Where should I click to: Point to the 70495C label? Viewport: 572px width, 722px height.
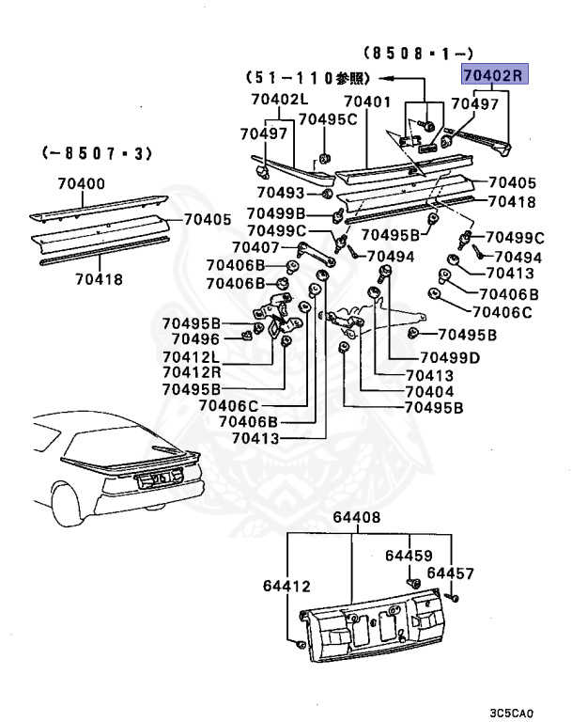pyautogui.click(x=328, y=118)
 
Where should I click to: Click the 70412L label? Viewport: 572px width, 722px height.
pyautogui.click(x=191, y=356)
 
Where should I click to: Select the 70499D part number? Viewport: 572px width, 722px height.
pyautogui.click(x=449, y=357)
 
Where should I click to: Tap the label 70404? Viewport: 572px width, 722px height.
pyautogui.click(x=430, y=391)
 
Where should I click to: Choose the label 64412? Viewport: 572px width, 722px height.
pyautogui.click(x=286, y=587)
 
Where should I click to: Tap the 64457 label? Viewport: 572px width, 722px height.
pyautogui.click(x=451, y=573)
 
